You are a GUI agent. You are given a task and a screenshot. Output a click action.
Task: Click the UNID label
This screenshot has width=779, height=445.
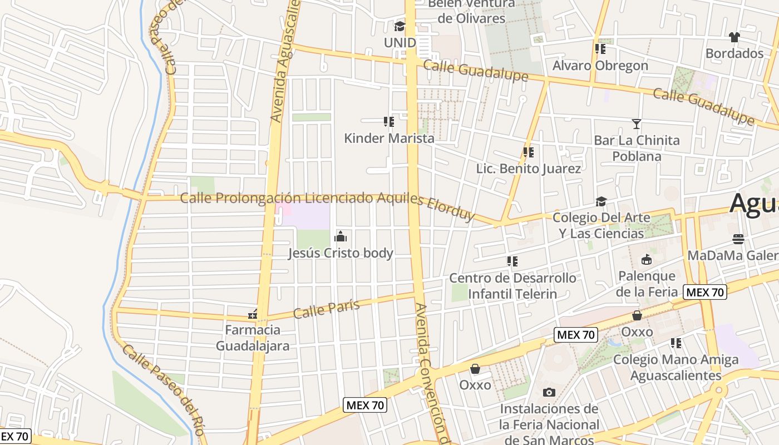[x=400, y=42]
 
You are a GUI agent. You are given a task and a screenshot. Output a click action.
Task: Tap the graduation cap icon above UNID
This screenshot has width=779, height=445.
[x=400, y=26]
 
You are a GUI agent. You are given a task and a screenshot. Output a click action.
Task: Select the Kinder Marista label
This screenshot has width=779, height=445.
[x=389, y=138]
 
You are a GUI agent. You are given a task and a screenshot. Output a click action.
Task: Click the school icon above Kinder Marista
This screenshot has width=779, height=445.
[x=389, y=121]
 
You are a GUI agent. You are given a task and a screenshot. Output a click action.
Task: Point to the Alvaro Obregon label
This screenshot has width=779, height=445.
[x=600, y=66]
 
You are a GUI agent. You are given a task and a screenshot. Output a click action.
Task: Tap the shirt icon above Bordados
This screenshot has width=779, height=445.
[x=734, y=37]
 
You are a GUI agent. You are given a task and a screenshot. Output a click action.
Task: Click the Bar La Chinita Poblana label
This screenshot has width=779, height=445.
[x=637, y=148]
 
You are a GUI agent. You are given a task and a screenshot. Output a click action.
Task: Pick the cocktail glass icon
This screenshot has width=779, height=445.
[x=637, y=123]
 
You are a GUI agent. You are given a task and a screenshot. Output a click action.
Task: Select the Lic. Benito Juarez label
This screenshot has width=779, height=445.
[x=528, y=169]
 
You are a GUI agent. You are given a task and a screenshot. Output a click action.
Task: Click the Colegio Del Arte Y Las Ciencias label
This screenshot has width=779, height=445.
[x=601, y=225]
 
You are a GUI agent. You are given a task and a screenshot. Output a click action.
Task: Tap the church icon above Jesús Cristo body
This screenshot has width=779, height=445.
[x=341, y=237]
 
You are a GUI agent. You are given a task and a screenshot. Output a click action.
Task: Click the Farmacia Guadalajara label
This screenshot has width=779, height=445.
[x=253, y=338]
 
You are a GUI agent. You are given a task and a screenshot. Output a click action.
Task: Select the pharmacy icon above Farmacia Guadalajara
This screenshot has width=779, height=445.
[x=253, y=315]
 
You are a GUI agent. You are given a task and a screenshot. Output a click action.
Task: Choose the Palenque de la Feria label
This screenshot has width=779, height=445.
[x=647, y=284]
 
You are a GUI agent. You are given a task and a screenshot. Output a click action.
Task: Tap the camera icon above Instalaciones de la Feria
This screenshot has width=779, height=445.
[x=549, y=392]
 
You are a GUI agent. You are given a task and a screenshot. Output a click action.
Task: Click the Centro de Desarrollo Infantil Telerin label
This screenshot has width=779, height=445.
[x=512, y=286]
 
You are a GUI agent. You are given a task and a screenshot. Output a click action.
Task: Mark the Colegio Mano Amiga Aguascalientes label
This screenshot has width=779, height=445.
[x=676, y=367]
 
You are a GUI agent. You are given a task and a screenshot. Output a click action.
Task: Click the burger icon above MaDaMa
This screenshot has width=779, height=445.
[x=738, y=239]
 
